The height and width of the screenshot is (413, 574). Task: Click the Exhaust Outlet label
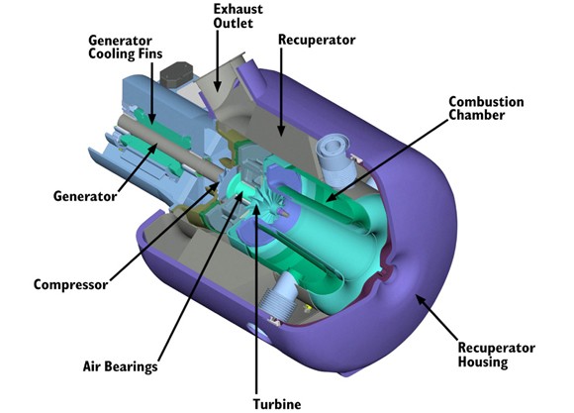point(238,16)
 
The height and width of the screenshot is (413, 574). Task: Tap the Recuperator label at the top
point(317,40)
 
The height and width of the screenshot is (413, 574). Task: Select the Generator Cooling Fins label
point(126,47)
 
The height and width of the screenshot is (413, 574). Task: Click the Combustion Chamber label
point(486,108)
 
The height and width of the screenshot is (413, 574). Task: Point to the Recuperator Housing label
point(496,355)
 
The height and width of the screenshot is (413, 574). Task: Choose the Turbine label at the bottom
point(277,404)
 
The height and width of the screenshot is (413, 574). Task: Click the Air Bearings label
point(120,366)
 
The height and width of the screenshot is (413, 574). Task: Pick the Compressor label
point(70,284)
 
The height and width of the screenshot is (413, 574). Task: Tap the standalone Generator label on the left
point(85,196)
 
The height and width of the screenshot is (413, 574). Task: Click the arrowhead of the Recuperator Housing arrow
point(420,300)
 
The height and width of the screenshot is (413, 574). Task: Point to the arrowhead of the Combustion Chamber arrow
point(331,197)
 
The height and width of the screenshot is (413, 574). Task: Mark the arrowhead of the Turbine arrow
point(256,210)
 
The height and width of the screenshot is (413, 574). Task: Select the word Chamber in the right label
point(477,115)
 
